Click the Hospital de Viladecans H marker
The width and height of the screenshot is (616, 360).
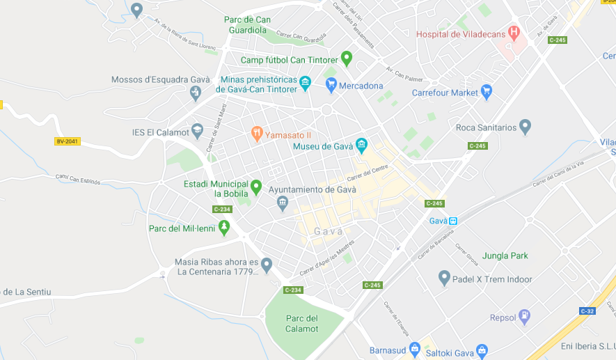click(514, 32)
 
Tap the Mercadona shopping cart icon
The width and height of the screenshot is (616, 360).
click(331, 85)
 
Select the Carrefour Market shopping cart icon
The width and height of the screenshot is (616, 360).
click(487, 91)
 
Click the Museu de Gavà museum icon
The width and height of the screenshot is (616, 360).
click(361, 146)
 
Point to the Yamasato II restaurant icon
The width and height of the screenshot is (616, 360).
click(257, 133)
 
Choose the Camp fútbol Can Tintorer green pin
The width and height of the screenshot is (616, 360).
click(347, 58)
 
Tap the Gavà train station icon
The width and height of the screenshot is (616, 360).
click(453, 221)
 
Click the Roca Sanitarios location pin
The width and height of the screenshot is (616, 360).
click(526, 126)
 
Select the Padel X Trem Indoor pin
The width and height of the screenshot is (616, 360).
click(444, 278)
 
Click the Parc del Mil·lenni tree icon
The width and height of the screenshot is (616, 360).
click(224, 227)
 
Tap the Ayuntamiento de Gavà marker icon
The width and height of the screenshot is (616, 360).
click(283, 203)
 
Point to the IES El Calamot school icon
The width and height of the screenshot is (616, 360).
click(198, 130)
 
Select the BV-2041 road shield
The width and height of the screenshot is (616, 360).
click(67, 141)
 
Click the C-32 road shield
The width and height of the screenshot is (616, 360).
click(587, 311)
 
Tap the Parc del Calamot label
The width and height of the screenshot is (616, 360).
click(302, 324)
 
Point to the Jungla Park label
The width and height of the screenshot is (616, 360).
click(505, 256)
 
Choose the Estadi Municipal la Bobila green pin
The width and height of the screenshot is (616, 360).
click(256, 187)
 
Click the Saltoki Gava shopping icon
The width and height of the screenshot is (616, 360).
click(482, 350)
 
